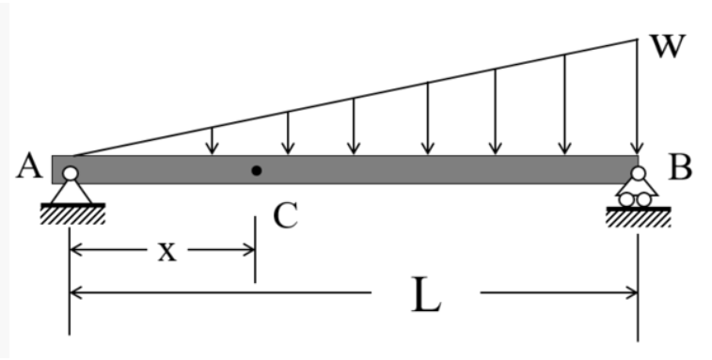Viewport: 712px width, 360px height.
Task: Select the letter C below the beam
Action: point(286,216)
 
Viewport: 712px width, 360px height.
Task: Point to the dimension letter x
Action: point(166,251)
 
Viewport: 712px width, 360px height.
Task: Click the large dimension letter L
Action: point(426,296)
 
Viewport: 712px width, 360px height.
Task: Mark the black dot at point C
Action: point(256,170)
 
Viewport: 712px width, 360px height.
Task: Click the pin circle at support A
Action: point(70,173)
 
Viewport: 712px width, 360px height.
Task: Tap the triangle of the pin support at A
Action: point(71,192)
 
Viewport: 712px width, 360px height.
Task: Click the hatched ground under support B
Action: point(639,219)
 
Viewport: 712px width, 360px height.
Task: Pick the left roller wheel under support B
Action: point(627,199)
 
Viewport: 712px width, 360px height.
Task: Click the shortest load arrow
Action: point(213,141)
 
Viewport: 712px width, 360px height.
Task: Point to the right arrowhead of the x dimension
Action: point(248,251)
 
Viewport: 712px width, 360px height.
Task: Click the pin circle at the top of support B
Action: point(639,174)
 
